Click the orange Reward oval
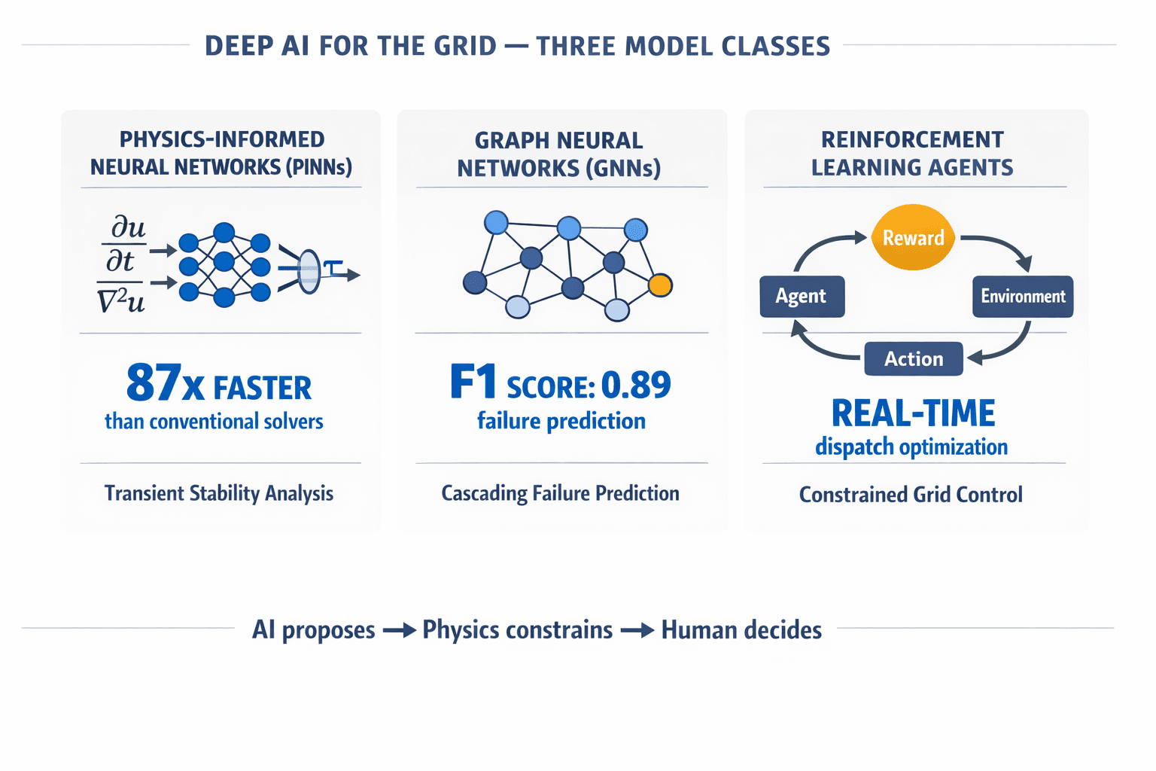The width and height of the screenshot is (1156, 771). tap(913, 237)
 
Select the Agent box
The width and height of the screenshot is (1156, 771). tap(802, 296)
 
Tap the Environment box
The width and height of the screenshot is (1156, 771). tap(1022, 296)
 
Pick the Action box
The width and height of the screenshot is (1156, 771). tap(913, 359)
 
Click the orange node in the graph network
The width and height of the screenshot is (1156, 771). tap(660, 285)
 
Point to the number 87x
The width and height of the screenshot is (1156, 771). tap(165, 383)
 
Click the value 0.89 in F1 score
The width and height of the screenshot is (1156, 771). tap(636, 385)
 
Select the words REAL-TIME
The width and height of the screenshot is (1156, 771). tap(913, 413)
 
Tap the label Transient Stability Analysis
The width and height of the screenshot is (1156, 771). tap(218, 493)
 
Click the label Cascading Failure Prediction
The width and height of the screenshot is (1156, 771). tap(560, 493)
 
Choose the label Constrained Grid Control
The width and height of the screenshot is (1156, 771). tap(911, 495)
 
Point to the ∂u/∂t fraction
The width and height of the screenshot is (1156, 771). tap(123, 244)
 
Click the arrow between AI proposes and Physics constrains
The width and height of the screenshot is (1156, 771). tap(399, 630)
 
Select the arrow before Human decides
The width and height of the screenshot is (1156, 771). tap(637, 630)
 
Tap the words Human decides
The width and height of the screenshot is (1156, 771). tap(741, 630)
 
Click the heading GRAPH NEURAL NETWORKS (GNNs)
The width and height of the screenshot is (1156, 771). tap(559, 154)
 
